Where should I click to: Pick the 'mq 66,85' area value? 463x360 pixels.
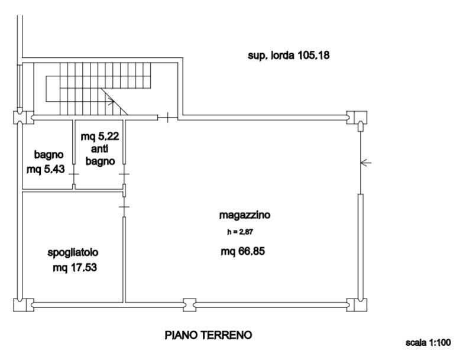pyautogui.click(x=243, y=251)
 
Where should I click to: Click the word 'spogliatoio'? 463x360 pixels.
pyautogui.click(x=73, y=254)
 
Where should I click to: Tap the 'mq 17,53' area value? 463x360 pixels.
pyautogui.click(x=75, y=267)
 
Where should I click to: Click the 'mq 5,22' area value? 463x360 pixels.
pyautogui.click(x=100, y=135)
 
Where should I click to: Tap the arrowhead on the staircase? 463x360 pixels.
pyautogui.click(x=111, y=101)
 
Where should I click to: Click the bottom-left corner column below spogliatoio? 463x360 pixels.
pyautogui.click(x=22, y=304)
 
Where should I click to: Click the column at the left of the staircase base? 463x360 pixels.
pyautogui.click(x=22, y=117)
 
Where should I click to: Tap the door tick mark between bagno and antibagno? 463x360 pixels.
pyautogui.click(x=74, y=174)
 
